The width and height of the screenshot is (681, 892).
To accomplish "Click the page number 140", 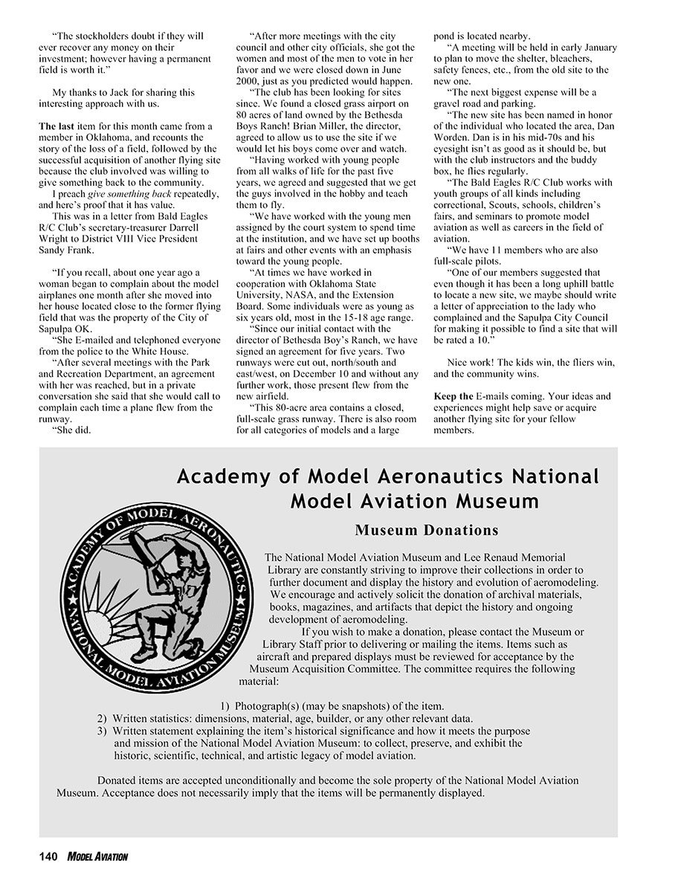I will (x=48, y=857).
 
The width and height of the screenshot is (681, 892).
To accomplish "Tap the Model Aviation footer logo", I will (x=97, y=857).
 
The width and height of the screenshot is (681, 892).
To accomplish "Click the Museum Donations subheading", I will (x=426, y=531).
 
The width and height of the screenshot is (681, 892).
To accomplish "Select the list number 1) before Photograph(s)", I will (x=225, y=705).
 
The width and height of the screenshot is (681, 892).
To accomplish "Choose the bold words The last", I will (x=54, y=126).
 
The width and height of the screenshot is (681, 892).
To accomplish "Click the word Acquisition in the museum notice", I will (x=340, y=669).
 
